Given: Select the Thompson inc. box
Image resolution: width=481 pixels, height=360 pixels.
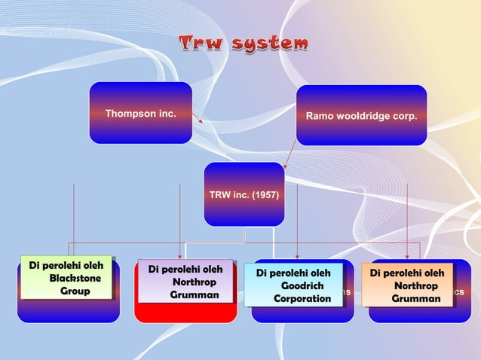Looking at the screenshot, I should click(x=140, y=113).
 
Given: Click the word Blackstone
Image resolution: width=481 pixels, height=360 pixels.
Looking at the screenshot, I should click(x=75, y=279).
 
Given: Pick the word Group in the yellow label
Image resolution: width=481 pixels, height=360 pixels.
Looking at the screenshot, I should click(x=75, y=291).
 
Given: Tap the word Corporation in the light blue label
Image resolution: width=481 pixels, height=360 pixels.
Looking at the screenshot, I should click(x=302, y=299).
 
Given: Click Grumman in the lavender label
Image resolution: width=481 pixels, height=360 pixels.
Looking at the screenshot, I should click(x=195, y=295).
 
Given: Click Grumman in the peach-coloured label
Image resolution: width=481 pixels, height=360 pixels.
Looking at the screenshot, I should click(x=416, y=299).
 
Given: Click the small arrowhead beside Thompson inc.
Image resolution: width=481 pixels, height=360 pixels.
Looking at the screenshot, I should click(x=201, y=119).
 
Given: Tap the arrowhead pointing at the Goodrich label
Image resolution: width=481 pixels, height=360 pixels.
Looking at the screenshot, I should click(x=297, y=257).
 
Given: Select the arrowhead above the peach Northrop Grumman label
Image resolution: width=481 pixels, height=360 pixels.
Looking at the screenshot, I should click(x=407, y=257).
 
